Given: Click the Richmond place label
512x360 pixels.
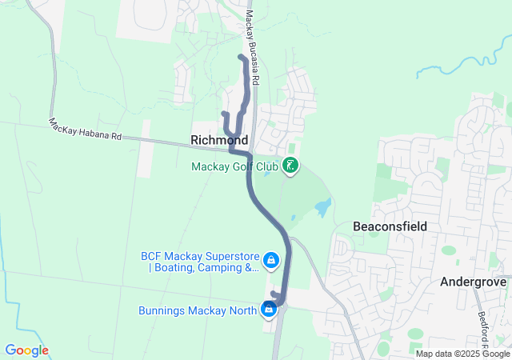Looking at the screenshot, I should pos(219,140).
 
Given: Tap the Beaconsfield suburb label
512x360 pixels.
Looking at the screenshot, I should pos(390,226).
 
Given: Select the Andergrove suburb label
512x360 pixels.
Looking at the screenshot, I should pos(475,282).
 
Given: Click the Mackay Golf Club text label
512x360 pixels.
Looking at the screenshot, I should pos(234,166).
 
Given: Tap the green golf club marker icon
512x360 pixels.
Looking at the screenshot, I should pos(290,166).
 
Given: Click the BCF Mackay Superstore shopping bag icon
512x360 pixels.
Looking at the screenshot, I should pos(271,260).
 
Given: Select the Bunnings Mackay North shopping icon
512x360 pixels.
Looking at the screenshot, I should pos(269,309).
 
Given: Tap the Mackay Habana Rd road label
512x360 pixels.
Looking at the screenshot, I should pos(85,130).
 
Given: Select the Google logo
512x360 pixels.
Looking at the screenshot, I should pos(26,350).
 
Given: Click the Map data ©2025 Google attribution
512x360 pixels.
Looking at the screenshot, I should pos(462,353).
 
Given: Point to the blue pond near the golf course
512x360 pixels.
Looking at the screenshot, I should pos(322,208).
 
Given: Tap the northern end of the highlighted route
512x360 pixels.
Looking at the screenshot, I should pos(241,57).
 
